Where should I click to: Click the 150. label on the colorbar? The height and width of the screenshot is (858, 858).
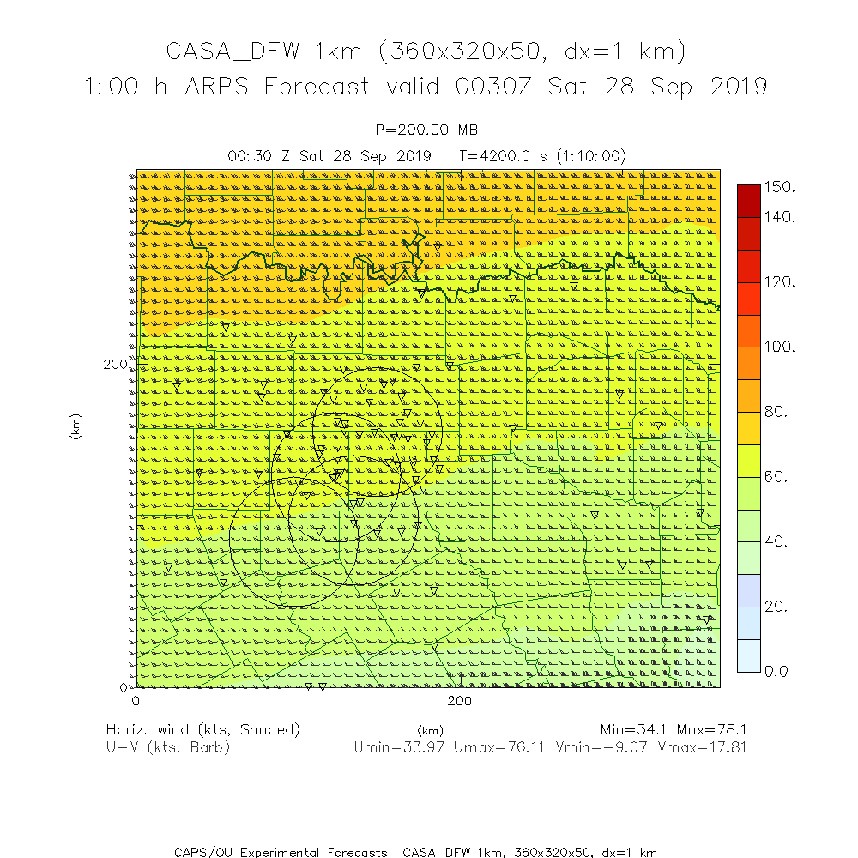pyautogui.click(x=780, y=186)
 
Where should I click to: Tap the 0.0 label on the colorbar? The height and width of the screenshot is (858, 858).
pyautogui.click(x=776, y=671)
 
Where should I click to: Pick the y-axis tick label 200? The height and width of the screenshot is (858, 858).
pyautogui.click(x=115, y=364)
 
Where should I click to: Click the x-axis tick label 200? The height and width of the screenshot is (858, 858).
pyautogui.click(x=461, y=701)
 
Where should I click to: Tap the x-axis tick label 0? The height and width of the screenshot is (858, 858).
pyautogui.click(x=136, y=701)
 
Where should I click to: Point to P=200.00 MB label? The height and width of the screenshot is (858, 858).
pyautogui.click(x=427, y=130)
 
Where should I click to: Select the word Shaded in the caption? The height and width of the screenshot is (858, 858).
pyautogui.click(x=270, y=730)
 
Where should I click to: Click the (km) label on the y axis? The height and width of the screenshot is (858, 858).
pyautogui.click(x=76, y=426)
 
